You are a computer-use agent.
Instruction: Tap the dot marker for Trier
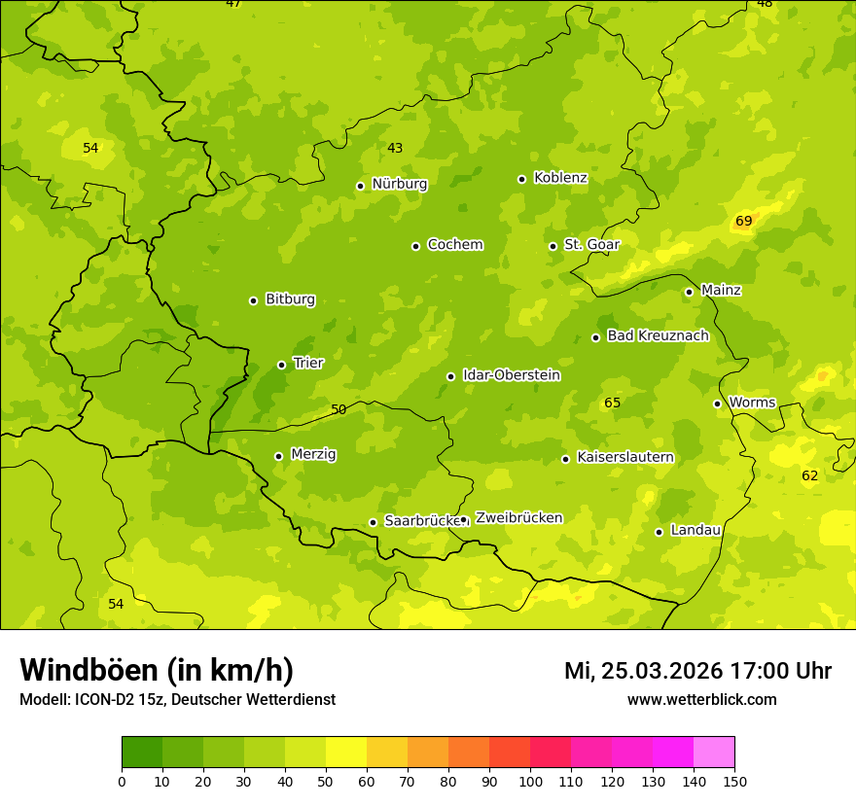281,365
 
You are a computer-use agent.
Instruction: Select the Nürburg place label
399,184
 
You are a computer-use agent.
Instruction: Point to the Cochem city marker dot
415,246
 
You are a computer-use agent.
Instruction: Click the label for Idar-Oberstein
511,375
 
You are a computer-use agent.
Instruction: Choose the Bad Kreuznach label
658,335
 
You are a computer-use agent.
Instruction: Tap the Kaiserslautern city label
624,457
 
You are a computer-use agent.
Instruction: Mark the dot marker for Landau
659,532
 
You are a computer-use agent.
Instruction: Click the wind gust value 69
743,221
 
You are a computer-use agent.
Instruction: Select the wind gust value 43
395,148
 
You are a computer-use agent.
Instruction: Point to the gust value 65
612,403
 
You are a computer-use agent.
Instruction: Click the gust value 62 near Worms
809,475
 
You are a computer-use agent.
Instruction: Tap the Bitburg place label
290,299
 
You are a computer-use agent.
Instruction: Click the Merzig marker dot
278,456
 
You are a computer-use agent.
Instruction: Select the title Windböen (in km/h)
157,670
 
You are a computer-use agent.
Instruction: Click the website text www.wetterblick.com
701,700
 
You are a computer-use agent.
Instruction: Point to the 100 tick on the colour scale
530,781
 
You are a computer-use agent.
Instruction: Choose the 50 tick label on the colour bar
326,781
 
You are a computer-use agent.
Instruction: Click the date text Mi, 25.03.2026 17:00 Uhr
697,671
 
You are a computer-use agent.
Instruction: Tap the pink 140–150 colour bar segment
714,753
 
